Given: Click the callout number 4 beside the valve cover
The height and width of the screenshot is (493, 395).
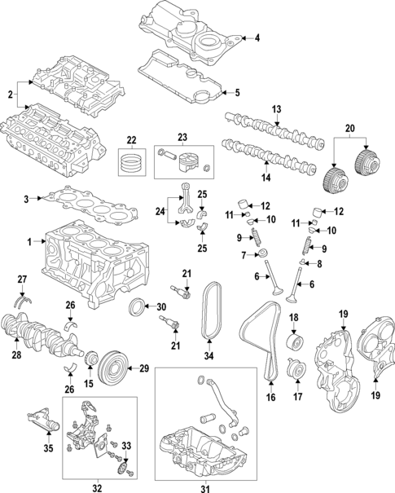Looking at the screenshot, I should [257, 38].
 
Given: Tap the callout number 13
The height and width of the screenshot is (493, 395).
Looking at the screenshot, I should [276, 109].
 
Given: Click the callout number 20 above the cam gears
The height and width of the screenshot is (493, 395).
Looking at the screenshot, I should [351, 129].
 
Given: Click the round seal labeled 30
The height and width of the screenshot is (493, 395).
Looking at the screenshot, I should [138, 307].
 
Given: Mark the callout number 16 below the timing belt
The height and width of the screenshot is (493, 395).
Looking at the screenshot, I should [270, 398].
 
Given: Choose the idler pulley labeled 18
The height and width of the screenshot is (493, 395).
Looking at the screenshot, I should [294, 341].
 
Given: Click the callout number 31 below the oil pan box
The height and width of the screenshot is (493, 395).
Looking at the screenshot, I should [204, 488].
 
